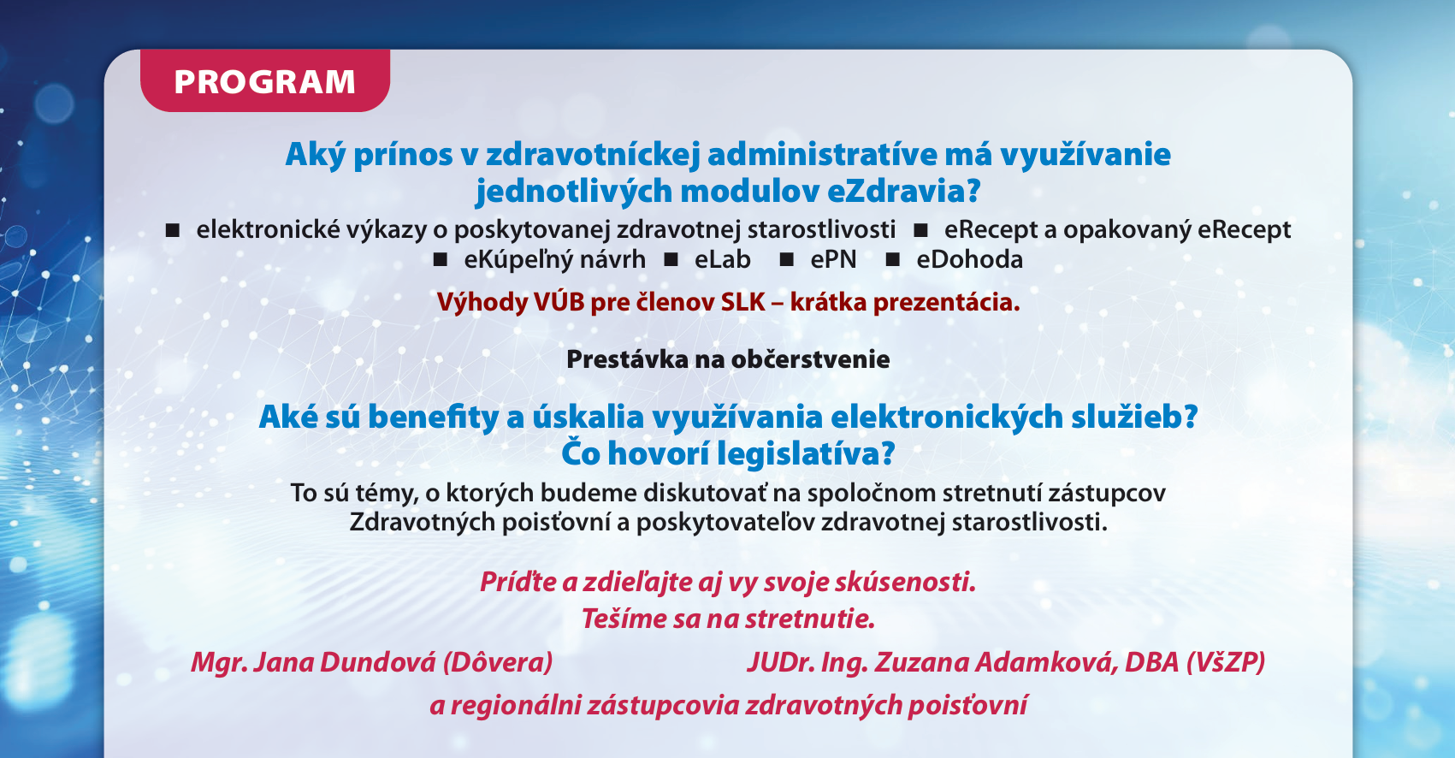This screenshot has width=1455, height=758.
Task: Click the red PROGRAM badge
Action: tap(265, 80)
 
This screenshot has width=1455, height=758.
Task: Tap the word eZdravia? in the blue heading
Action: tap(903, 192)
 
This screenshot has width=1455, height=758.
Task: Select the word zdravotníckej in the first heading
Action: tap(593, 155)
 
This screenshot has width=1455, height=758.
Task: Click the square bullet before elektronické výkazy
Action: tap(172, 230)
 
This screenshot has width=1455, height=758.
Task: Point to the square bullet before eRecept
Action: tap(920, 230)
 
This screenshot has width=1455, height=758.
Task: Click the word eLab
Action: tap(722, 260)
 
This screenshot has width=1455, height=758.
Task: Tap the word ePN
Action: tap(833, 260)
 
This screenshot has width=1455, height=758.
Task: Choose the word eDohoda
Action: tap(969, 260)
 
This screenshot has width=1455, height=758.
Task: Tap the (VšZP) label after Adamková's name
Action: tap(1226, 662)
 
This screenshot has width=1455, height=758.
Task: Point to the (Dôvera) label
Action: tap(498, 662)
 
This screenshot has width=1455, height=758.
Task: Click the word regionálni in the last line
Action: tap(515, 706)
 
